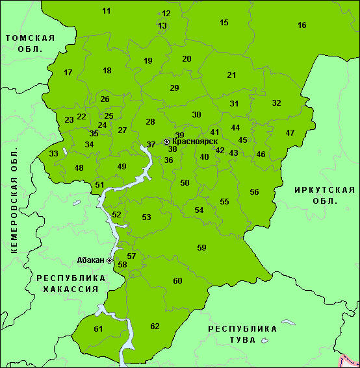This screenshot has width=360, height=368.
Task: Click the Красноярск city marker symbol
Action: [x=166, y=141]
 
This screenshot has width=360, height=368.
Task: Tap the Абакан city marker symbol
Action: [x=109, y=260]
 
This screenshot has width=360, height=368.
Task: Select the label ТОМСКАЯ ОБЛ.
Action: [x=29, y=43]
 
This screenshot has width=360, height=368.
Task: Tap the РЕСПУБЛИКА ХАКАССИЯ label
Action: [x=62, y=283]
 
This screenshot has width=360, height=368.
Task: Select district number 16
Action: [x=302, y=25]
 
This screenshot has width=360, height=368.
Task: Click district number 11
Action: [x=107, y=11]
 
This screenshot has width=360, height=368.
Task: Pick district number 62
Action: [x=155, y=326]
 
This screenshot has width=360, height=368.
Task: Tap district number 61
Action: [x=98, y=329]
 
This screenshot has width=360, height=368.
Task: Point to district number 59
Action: [x=201, y=247]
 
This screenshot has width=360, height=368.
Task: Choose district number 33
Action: [x=54, y=154]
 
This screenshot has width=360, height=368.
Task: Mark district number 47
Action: [x=290, y=133]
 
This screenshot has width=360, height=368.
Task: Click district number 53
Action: [x=147, y=217]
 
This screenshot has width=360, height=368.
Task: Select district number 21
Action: [x=231, y=75]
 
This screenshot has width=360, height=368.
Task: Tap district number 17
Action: [x=68, y=73]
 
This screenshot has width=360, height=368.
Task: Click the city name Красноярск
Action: [x=194, y=141]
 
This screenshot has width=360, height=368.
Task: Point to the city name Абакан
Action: [x=90, y=260]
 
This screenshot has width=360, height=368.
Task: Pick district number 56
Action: [x=254, y=192]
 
